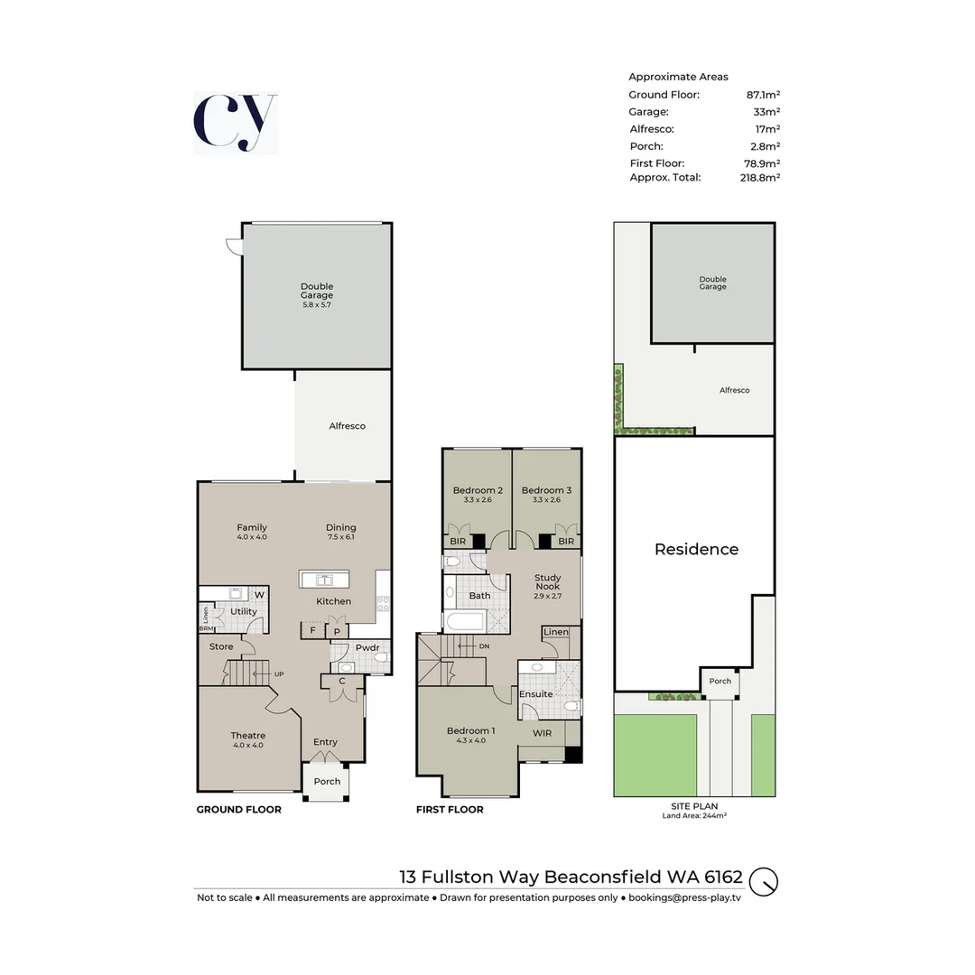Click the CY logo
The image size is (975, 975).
pyautogui.click(x=235, y=123)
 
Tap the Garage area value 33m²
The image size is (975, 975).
pyautogui.click(x=766, y=112)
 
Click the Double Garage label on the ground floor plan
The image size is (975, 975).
pyautogui.click(x=317, y=291)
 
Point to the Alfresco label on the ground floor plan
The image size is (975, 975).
pyautogui.click(x=347, y=426)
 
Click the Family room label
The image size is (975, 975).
pyautogui.click(x=252, y=528)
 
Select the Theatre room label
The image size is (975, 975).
pyautogui.click(x=247, y=736)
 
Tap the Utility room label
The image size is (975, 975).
pyautogui.click(x=244, y=611)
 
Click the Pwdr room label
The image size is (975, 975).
pyautogui.click(x=367, y=647)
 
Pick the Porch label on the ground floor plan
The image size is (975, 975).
pyautogui.click(x=327, y=782)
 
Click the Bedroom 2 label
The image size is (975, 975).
pyautogui.click(x=478, y=491)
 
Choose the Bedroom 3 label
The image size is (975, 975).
pyautogui.click(x=546, y=491)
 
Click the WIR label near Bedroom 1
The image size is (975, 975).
pyautogui.click(x=542, y=734)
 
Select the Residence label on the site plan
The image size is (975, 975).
pyautogui.click(x=696, y=549)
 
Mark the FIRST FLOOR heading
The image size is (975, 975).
pyautogui.click(x=450, y=810)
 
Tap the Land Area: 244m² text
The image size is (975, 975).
pyautogui.click(x=694, y=815)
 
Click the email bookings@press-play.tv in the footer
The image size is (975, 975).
pyautogui.click(x=684, y=897)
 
